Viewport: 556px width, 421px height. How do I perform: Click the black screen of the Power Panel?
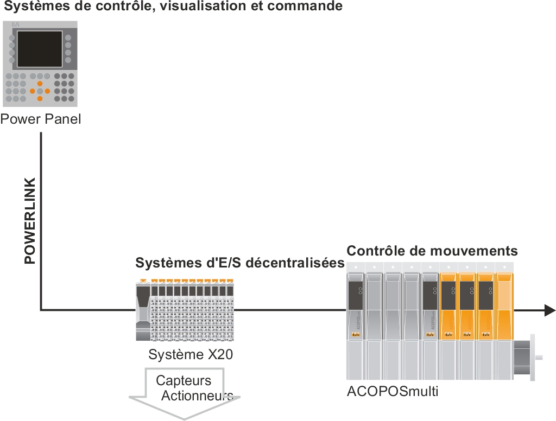[40, 49]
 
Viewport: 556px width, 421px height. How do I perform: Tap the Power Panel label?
[41, 119]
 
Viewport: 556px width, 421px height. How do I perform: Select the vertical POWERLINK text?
[30, 220]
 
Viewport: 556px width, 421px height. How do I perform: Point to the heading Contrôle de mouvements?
[432, 251]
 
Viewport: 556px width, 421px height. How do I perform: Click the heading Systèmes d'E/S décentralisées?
[240, 263]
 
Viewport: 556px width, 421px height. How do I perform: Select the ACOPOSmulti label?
[392, 391]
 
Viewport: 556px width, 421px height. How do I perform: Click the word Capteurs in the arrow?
[184, 381]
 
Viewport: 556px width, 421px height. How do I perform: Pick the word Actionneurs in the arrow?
[197, 395]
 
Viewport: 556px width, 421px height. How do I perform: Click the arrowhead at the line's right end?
[549, 310]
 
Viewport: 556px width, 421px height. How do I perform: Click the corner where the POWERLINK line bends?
[41, 310]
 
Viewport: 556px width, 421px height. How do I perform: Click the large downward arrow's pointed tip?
[184, 418]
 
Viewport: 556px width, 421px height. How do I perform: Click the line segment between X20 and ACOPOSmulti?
[290, 310]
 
